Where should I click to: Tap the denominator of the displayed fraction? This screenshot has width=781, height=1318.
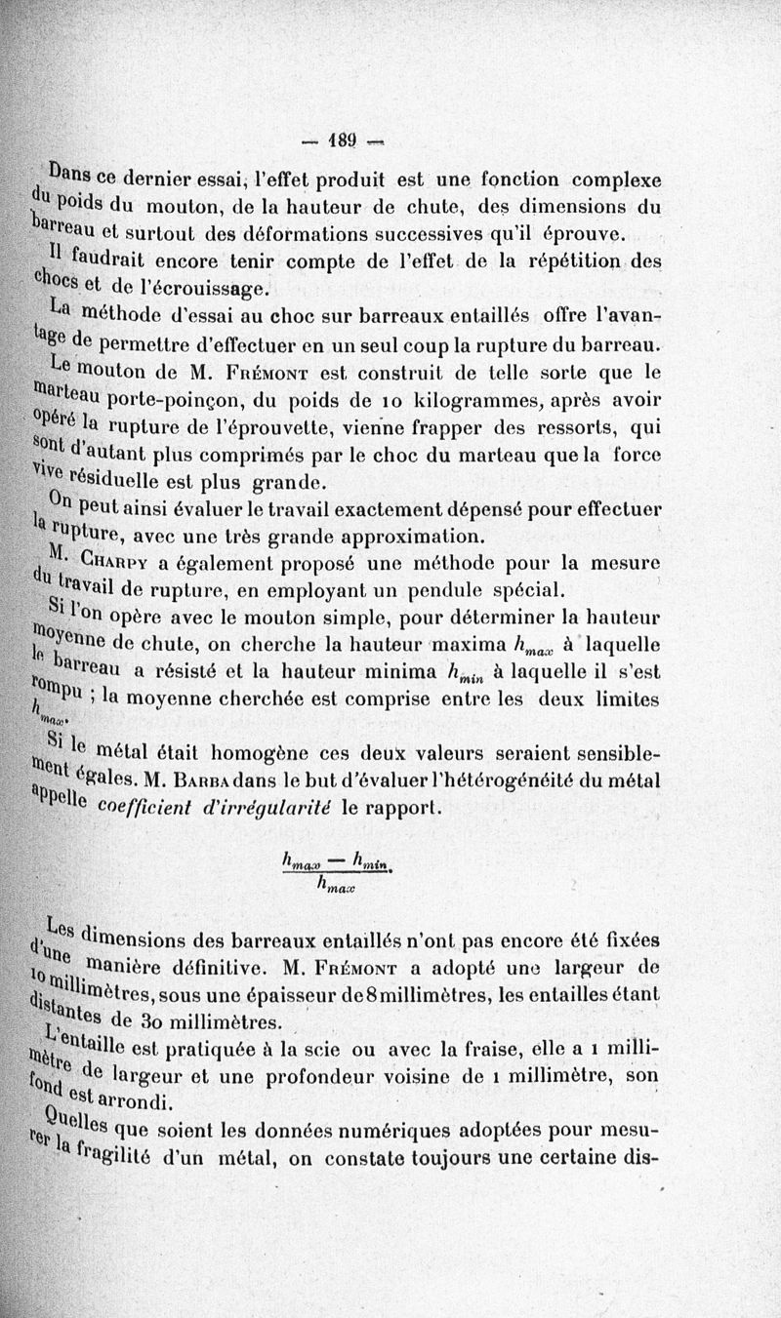point(335,887)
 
